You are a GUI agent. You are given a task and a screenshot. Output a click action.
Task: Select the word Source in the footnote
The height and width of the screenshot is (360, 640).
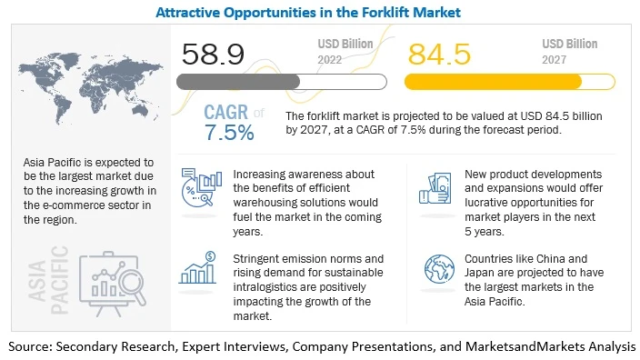pos(34,346)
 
